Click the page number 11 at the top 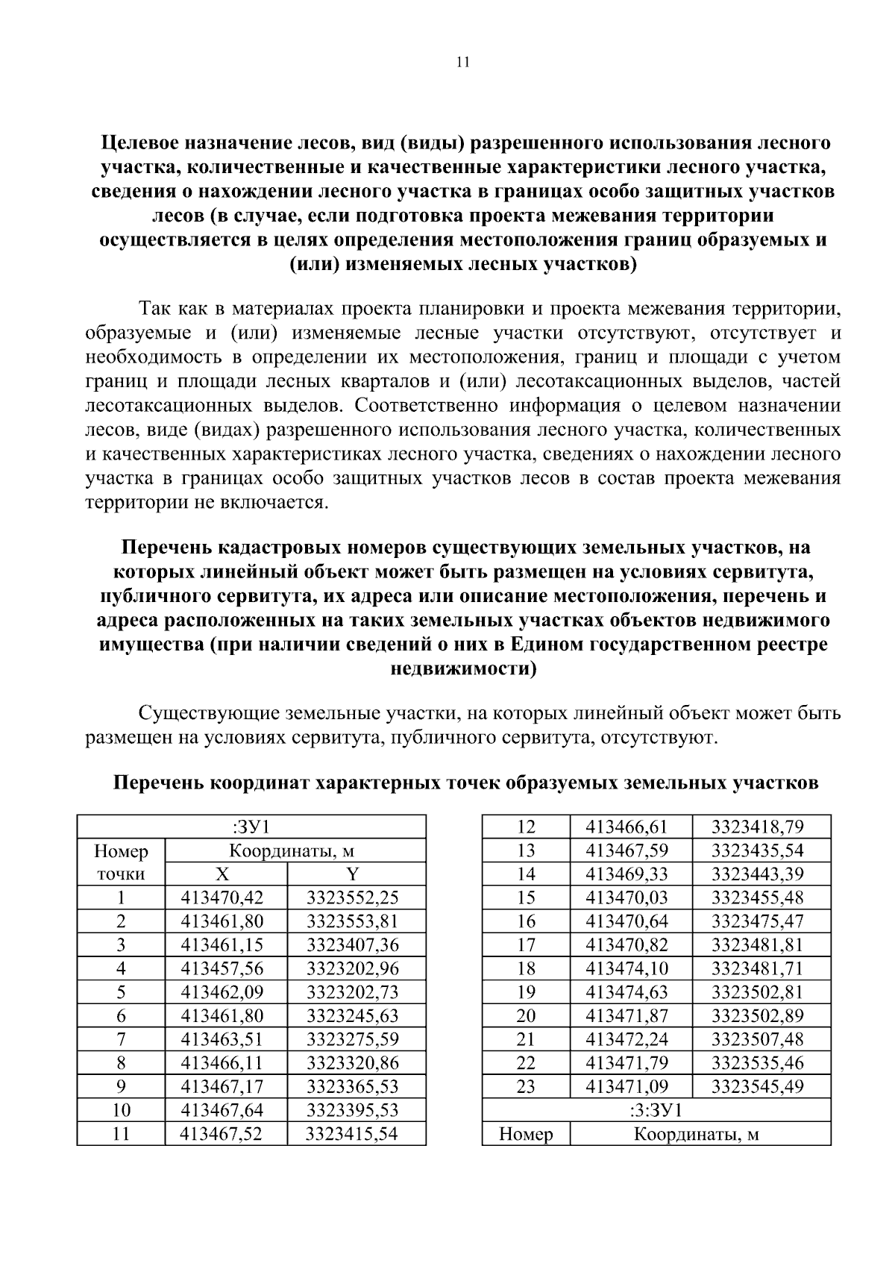click(x=462, y=63)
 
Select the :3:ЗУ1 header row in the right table click(x=656, y=1110)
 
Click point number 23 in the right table click(x=526, y=1086)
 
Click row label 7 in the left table click(x=121, y=1039)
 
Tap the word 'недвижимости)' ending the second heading click(x=463, y=669)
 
